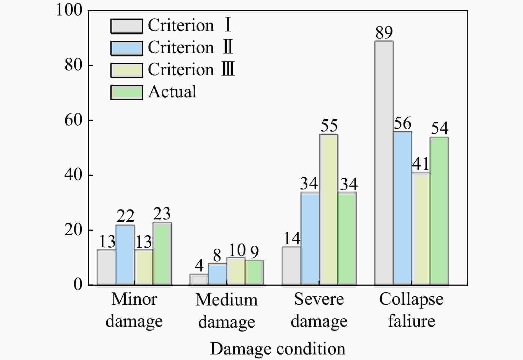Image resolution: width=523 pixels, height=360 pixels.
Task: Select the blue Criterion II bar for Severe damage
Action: [x=310, y=238]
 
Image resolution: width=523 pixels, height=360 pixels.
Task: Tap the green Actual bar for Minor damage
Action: [x=162, y=253]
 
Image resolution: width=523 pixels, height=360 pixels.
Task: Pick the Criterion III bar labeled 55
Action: [x=328, y=209]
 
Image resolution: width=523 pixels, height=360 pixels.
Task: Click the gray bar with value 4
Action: [x=199, y=279]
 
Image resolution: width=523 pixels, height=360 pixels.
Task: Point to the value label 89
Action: [x=384, y=33]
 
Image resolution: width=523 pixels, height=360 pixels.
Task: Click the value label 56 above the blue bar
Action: [x=402, y=123]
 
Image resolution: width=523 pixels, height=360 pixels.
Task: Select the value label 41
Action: [x=421, y=164]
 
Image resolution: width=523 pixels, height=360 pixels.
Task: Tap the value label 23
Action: [x=162, y=214]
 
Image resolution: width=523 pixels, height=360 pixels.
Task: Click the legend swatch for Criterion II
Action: [x=127, y=48]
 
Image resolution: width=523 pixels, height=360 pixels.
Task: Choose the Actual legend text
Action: [x=172, y=92]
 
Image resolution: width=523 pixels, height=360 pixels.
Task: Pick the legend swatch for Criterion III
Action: [x=127, y=70]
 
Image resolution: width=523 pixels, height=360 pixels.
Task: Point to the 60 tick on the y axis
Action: [x=73, y=120]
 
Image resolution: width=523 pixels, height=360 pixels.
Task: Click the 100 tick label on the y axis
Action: [x=69, y=11]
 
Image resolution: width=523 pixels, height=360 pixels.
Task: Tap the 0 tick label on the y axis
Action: [x=78, y=284]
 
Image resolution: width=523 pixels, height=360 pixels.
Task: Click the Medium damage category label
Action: [x=227, y=310]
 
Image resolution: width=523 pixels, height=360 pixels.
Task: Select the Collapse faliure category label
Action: [x=411, y=310]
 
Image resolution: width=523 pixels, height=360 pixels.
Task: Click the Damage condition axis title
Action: [x=278, y=349]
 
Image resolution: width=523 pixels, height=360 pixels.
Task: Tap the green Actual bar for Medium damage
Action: [x=255, y=273]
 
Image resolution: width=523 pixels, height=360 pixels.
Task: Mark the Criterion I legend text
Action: [x=190, y=25]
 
